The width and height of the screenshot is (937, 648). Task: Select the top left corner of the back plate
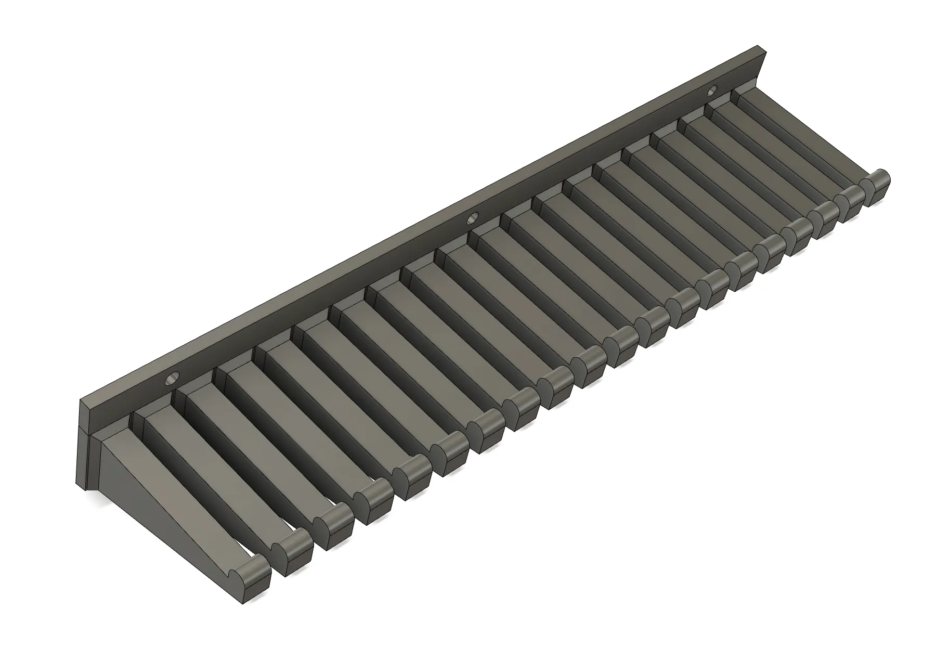pyautogui.click(x=81, y=400)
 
